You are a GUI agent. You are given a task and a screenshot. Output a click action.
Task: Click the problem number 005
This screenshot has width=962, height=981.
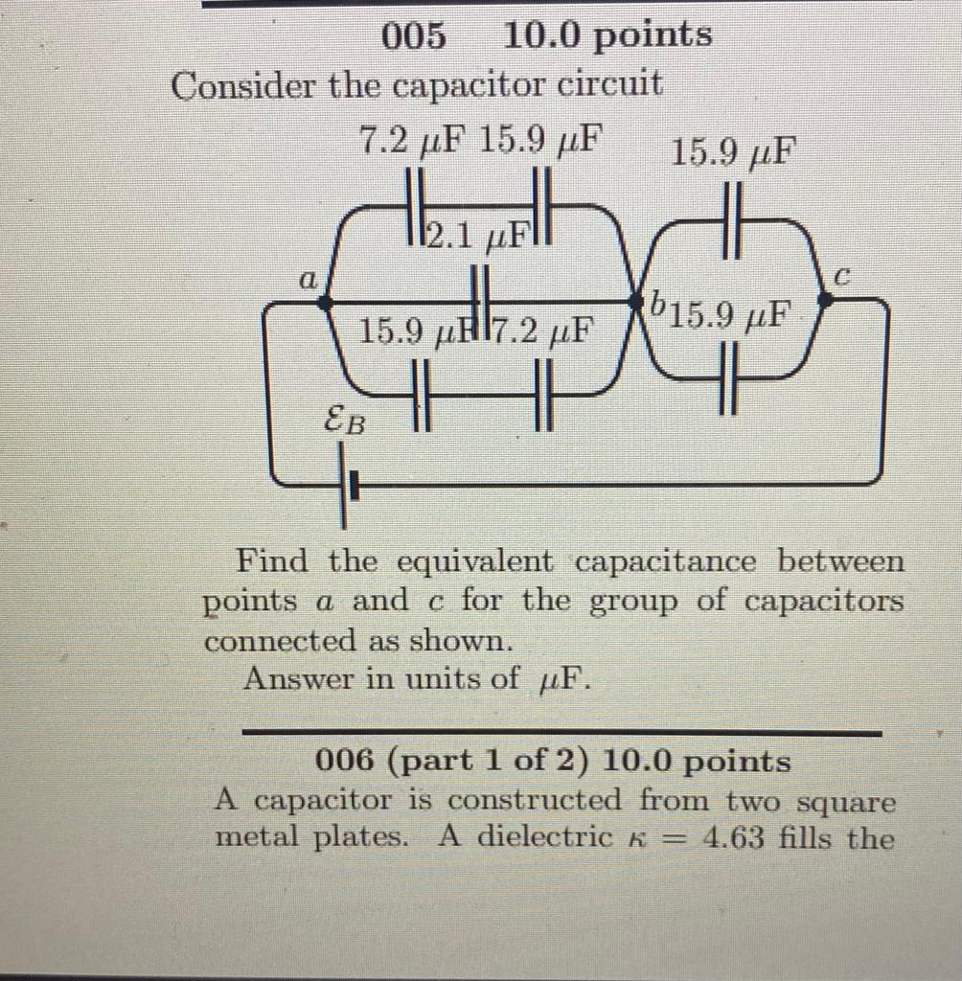414,36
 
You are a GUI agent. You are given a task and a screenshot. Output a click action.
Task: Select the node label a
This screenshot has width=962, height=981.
308,280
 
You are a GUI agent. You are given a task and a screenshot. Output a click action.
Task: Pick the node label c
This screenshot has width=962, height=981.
840,278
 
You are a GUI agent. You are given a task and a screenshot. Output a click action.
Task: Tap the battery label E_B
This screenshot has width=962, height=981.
345,419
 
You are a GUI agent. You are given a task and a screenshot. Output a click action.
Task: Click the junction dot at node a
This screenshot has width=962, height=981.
326,301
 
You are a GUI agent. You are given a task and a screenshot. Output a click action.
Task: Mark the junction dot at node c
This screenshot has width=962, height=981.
825,300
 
